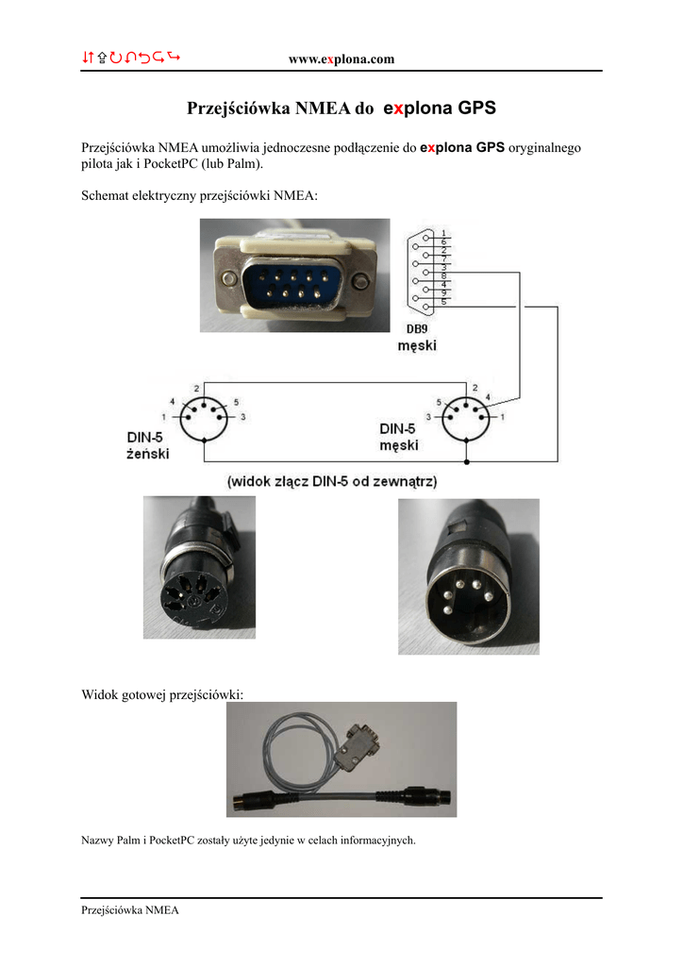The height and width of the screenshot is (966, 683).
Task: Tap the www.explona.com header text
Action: pyautogui.click(x=341, y=59)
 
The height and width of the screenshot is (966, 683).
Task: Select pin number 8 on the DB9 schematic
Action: pyautogui.click(x=443, y=275)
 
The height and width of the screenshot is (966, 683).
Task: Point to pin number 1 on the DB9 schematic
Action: pyautogui.click(x=443, y=233)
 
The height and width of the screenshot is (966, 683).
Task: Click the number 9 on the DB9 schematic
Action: pyautogui.click(x=443, y=292)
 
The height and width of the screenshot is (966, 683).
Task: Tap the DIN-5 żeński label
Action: pyautogui.click(x=149, y=445)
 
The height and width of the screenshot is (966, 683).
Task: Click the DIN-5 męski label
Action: pyautogui.click(x=400, y=436)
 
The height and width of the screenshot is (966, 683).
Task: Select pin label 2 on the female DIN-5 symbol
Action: pyautogui.click(x=195, y=389)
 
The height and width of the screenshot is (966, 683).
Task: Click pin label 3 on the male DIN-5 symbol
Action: pyautogui.click(x=428, y=416)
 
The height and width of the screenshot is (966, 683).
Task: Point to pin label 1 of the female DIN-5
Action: pyautogui.click(x=164, y=416)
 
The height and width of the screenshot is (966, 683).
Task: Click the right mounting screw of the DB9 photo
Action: pyautogui.click(x=361, y=280)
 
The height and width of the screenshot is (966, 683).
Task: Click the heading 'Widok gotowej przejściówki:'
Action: pyautogui.click(x=162, y=694)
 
